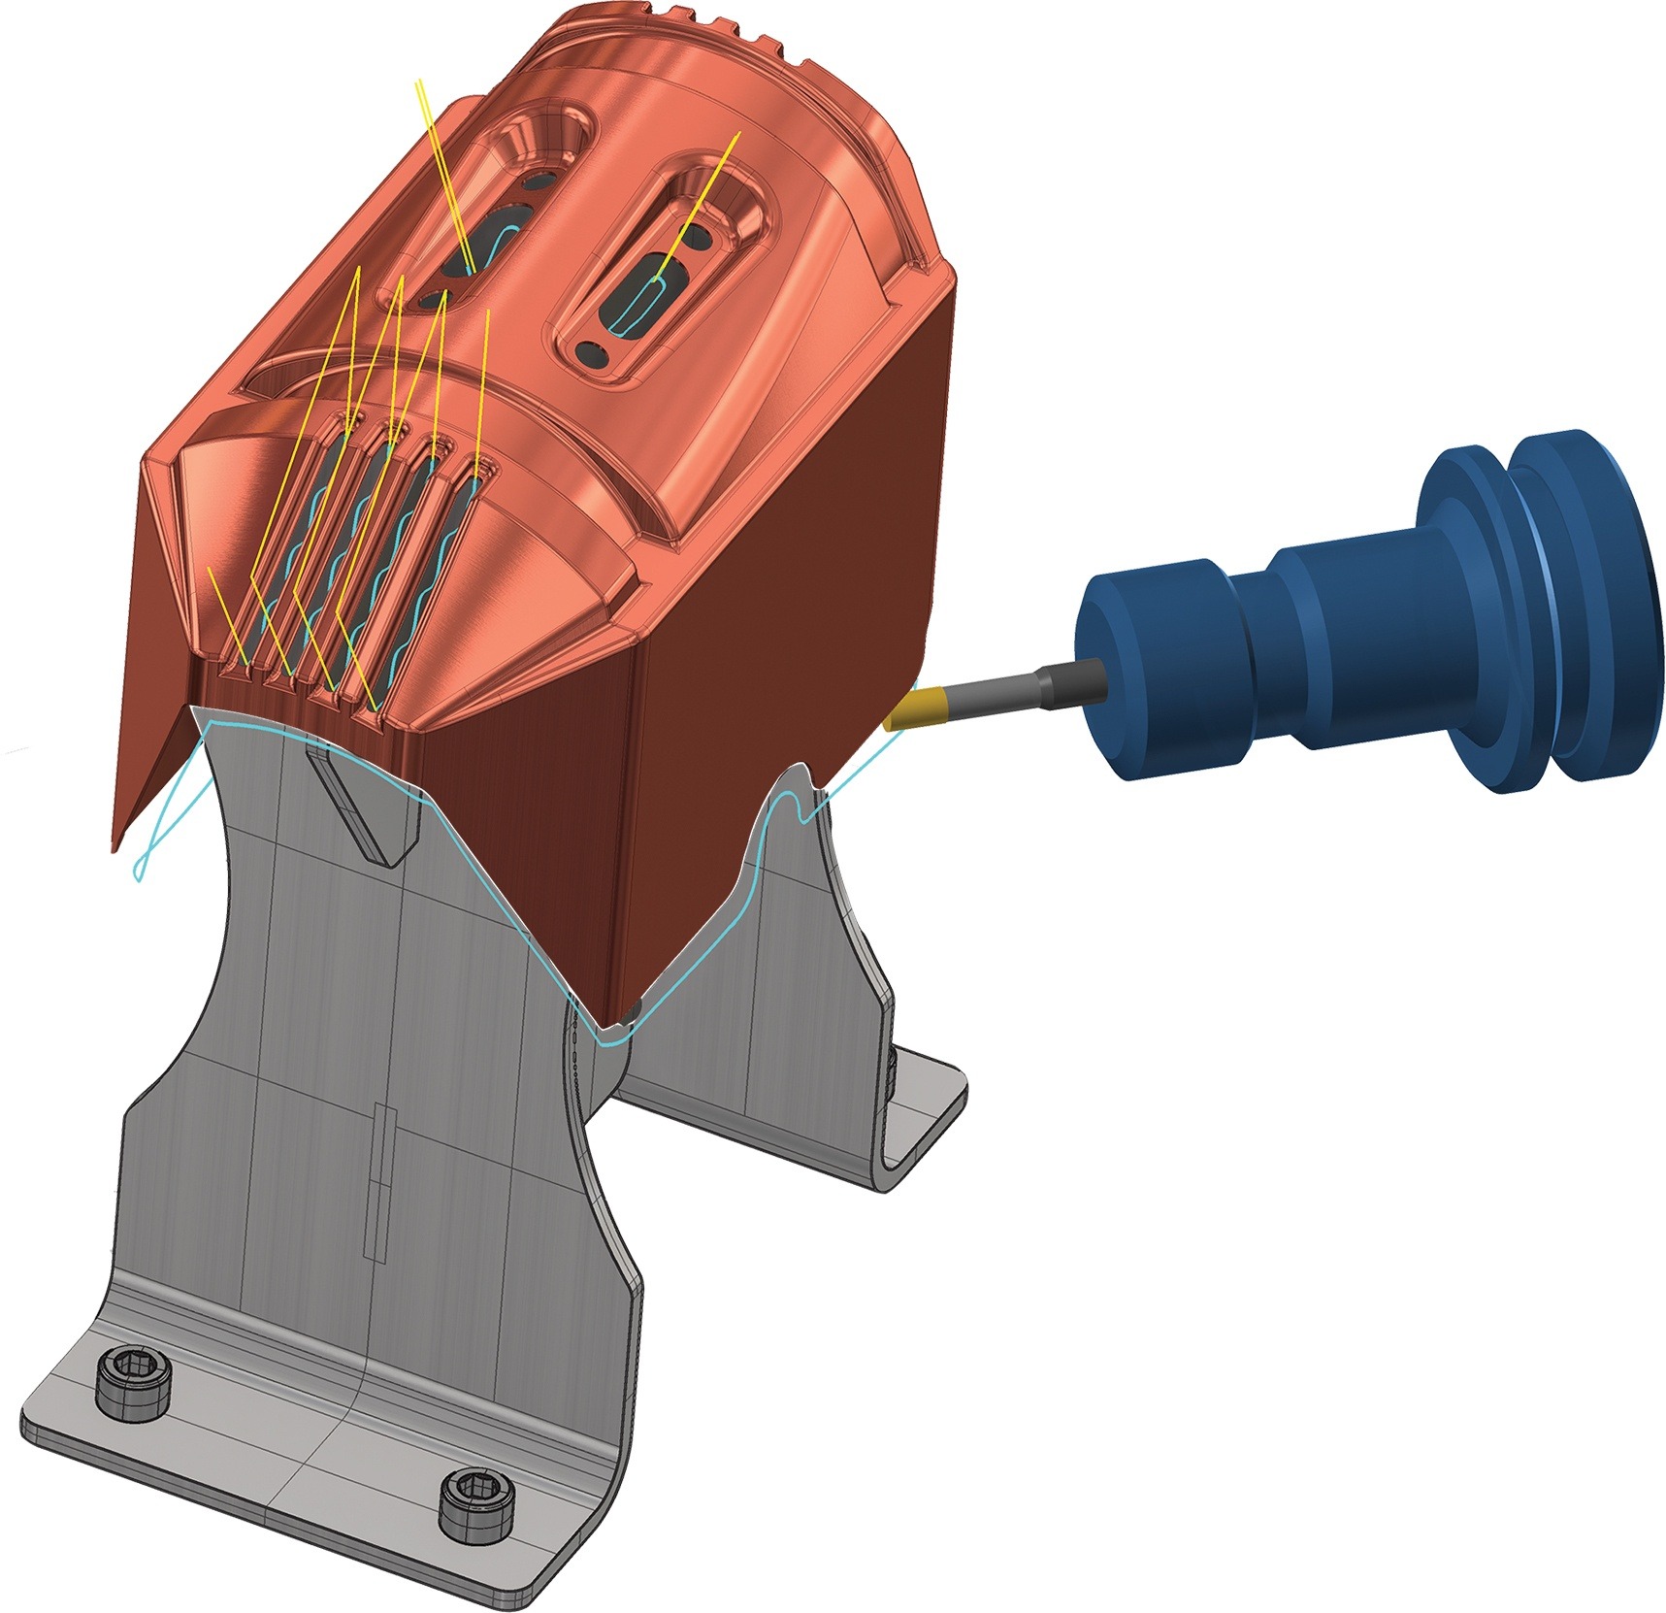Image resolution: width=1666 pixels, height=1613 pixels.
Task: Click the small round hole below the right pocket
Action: click(592, 354)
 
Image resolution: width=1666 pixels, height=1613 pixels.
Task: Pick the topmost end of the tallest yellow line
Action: click(417, 82)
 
